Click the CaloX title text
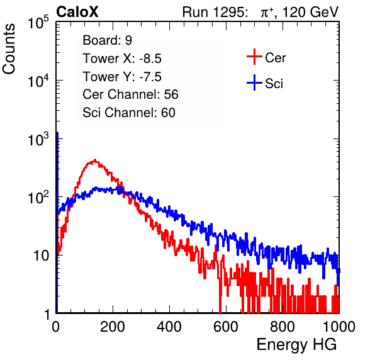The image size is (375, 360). [x=77, y=12]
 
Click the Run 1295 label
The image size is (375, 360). [x=215, y=12]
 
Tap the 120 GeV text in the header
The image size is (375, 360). [x=311, y=12]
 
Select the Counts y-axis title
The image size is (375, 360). [x=9, y=49]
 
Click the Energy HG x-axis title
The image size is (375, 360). [x=296, y=345]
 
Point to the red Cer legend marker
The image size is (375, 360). [x=254, y=57]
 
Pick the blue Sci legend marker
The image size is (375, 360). [x=254, y=83]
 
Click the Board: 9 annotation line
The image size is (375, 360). [x=107, y=40]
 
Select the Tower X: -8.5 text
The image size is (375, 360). [x=122, y=59]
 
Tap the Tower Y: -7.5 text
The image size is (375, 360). [x=122, y=77]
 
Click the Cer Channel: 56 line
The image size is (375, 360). [x=130, y=94]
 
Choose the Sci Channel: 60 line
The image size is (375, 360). [x=129, y=113]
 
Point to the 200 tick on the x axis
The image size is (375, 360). [x=113, y=327]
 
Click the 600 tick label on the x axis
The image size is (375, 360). [x=225, y=327]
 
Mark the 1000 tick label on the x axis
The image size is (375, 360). [x=339, y=327]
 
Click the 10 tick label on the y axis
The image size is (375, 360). [x=42, y=256]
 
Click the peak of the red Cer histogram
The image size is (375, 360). [x=95, y=160]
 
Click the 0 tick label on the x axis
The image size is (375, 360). [x=56, y=327]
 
